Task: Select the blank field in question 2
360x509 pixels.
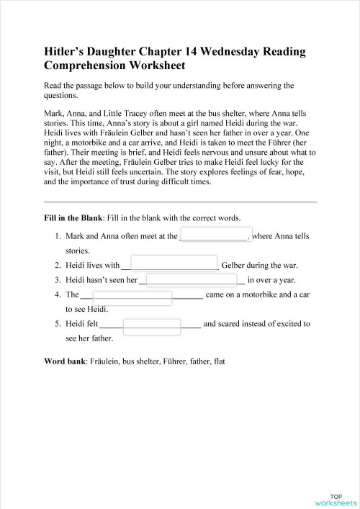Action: tap(174, 264)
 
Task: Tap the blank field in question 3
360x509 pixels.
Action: tap(192, 280)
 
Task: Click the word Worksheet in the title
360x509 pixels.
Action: tap(150, 66)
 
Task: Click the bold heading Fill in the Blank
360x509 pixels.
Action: tap(74, 217)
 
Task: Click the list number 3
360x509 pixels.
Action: tap(57, 280)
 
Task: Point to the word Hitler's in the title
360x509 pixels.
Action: tap(65, 53)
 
